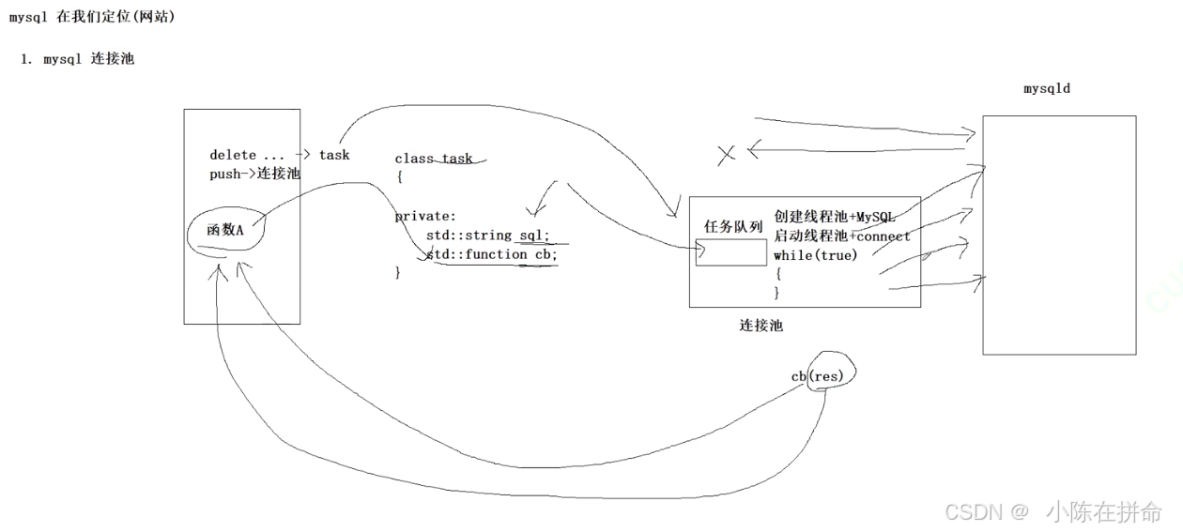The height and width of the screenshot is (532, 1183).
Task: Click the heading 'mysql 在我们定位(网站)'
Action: coord(91,17)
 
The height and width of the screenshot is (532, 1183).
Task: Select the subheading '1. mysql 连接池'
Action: coord(78,59)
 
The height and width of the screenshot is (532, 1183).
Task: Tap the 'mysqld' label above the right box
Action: coord(1046,88)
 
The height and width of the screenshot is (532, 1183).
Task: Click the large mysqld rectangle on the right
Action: coord(1058,235)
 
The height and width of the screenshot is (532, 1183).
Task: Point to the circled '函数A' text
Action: coord(224,229)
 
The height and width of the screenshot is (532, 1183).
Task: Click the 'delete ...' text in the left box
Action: coord(246,155)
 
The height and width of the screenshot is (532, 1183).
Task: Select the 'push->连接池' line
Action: coord(253,175)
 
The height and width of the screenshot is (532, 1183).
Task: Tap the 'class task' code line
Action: coord(433,159)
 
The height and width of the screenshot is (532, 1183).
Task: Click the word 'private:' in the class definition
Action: coord(425,216)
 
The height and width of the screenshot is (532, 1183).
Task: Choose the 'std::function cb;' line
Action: coord(491,254)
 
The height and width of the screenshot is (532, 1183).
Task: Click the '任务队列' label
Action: coord(733,226)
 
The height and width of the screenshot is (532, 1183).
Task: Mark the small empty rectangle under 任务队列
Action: coord(730,251)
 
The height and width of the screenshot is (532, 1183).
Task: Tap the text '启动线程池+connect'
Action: coord(841,236)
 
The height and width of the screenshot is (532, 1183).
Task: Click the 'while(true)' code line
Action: coord(815,255)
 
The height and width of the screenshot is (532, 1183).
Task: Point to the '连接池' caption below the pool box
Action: coord(760,326)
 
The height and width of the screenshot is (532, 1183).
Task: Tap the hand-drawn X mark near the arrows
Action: coord(726,155)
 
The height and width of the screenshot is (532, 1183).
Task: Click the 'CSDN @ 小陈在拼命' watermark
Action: coord(1052,511)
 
